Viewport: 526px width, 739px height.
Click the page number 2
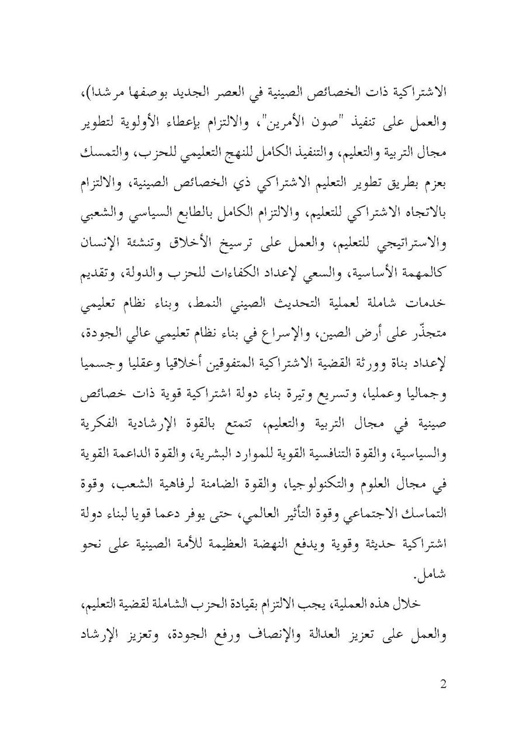point(442,684)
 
